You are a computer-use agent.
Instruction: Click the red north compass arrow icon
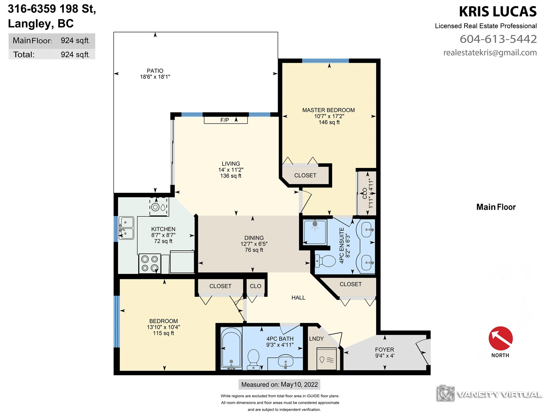click(x=500, y=338)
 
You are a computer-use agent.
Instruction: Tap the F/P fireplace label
click(x=224, y=120)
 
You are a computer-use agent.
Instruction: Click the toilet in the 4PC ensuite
click(x=325, y=261)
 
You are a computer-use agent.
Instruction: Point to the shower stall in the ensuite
click(x=315, y=232)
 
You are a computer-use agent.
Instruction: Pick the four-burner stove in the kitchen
click(x=149, y=264)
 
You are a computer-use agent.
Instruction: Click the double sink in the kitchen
click(x=126, y=228)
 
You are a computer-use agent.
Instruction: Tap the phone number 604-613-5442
click(x=498, y=39)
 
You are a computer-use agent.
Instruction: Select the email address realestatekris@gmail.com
click(x=490, y=52)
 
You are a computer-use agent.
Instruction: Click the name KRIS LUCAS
click(x=498, y=12)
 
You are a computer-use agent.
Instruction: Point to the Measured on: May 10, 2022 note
click(x=279, y=385)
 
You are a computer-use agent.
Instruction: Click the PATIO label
click(x=155, y=71)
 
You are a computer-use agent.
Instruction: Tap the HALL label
click(x=298, y=297)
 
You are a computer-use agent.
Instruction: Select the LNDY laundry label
click(x=316, y=339)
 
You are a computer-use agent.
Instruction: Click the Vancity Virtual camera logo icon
click(x=446, y=393)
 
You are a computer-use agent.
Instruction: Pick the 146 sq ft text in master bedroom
click(x=329, y=122)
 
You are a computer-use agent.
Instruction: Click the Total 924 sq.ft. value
click(x=75, y=55)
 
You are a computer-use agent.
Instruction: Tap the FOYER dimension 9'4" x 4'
click(x=385, y=356)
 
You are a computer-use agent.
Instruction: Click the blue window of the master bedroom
click(x=325, y=61)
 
